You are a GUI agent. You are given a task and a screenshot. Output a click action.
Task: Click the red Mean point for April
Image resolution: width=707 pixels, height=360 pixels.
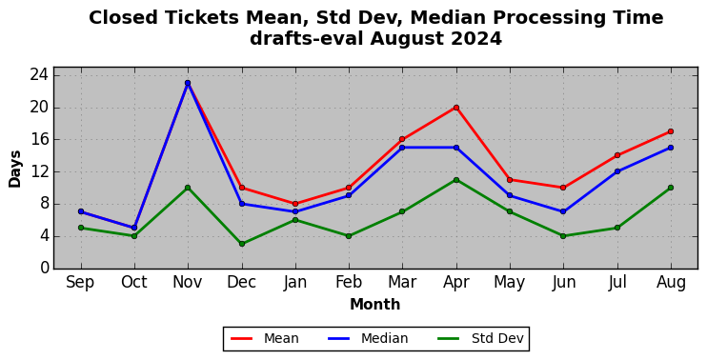click(456, 108)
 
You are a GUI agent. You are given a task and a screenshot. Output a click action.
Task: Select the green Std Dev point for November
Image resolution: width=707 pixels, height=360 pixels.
click(188, 188)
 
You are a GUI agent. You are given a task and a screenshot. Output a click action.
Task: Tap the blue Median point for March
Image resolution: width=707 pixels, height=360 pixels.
click(402, 148)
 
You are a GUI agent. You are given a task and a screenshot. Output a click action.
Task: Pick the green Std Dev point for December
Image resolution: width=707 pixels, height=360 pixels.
click(242, 244)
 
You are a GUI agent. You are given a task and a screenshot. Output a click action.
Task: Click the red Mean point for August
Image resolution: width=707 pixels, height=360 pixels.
click(671, 131)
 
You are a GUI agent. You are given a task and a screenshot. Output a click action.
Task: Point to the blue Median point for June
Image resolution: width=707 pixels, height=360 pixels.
click(563, 211)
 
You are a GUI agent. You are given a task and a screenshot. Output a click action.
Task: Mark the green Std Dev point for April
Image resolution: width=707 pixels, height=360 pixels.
click(456, 180)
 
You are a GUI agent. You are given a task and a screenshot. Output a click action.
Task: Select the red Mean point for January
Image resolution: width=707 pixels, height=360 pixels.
click(295, 204)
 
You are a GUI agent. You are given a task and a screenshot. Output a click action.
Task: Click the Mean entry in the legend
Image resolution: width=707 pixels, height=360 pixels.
click(265, 338)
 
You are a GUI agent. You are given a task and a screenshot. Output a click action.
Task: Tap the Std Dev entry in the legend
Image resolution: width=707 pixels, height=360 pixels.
click(480, 338)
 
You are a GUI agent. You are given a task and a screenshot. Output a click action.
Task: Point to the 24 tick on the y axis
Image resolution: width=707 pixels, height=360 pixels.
click(39, 75)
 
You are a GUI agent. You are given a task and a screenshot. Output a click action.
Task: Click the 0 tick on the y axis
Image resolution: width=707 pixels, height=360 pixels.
click(44, 268)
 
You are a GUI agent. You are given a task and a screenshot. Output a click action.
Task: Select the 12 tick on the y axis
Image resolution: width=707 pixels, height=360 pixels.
click(39, 171)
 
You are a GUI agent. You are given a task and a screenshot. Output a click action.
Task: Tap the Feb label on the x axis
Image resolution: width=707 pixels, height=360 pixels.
click(349, 283)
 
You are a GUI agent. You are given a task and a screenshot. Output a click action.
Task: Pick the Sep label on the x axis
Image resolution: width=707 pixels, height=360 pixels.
click(80, 283)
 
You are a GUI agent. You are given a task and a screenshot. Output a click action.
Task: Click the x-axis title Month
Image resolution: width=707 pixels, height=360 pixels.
click(375, 305)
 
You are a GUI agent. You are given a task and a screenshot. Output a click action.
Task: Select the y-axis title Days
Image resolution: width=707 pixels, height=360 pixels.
click(15, 169)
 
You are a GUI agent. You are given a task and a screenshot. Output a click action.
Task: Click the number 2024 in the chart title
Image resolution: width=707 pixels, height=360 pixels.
click(476, 39)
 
